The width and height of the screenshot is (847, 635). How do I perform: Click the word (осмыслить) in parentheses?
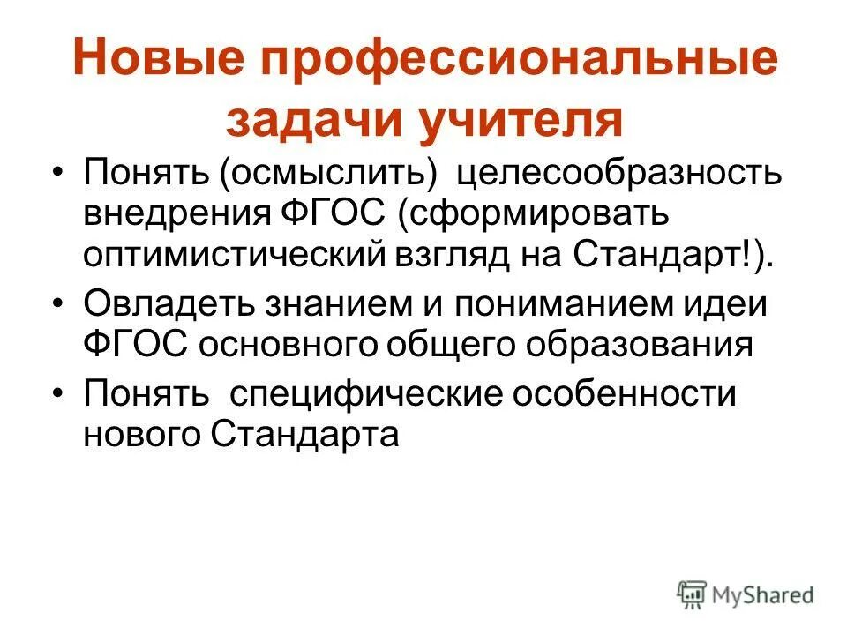click(332, 169)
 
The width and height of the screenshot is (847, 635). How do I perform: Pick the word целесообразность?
click(618, 169)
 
